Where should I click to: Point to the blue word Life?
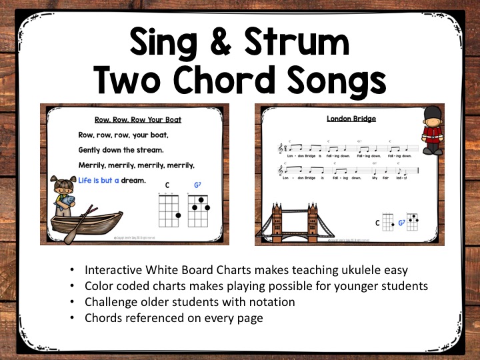click(87, 180)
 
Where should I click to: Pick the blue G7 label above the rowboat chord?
click(197, 185)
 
